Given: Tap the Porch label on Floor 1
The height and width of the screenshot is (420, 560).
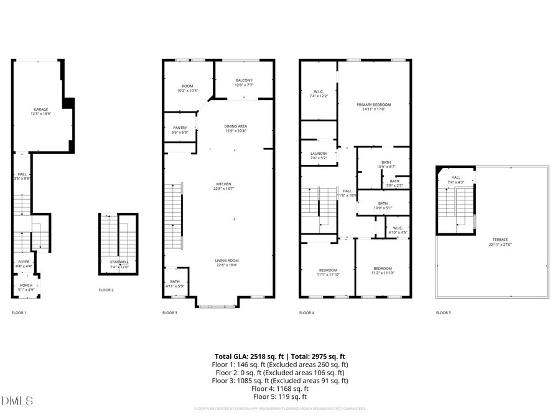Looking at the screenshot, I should pos(26,286).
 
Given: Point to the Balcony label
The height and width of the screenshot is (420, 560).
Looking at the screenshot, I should pos(244,82).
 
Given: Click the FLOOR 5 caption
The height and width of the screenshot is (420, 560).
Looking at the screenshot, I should pos(443,312).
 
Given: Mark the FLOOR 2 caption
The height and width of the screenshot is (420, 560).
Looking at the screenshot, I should pos(106,290).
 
